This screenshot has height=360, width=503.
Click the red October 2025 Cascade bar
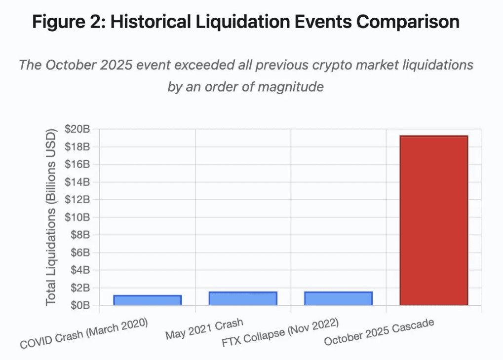tap(433, 220)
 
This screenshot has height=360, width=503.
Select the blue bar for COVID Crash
tap(148, 300)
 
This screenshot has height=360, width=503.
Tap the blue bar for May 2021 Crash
tap(243, 298)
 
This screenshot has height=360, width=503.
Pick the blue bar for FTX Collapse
tap(338, 298)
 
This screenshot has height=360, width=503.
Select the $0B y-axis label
tap(79, 305)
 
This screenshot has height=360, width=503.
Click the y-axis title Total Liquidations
tap(51, 217)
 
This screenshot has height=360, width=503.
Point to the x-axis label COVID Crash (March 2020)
tap(84, 334)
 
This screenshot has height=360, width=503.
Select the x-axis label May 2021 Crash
tap(204, 329)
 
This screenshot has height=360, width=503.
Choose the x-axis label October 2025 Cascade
tap(379, 332)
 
